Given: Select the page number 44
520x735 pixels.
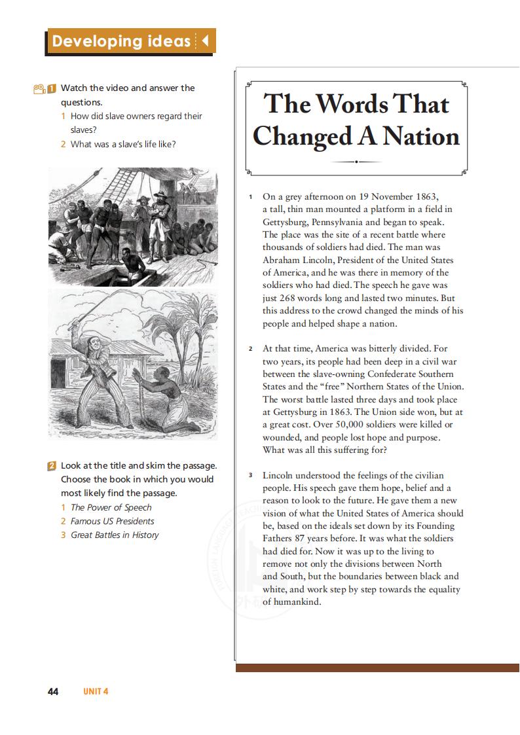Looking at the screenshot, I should (x=53, y=692).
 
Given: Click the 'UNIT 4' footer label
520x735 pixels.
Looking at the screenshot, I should (x=95, y=692).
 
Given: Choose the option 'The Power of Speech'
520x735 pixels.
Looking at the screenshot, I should (x=111, y=507).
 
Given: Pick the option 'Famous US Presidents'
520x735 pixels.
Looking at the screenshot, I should (x=112, y=521).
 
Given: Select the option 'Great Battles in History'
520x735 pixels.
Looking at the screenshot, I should (x=115, y=535).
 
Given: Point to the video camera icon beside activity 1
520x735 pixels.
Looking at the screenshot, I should (x=39, y=88).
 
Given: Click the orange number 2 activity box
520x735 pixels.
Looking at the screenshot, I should (x=52, y=466).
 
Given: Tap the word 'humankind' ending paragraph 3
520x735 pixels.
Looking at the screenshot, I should (x=297, y=602).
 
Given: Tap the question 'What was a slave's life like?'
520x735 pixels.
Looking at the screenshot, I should (x=123, y=144).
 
